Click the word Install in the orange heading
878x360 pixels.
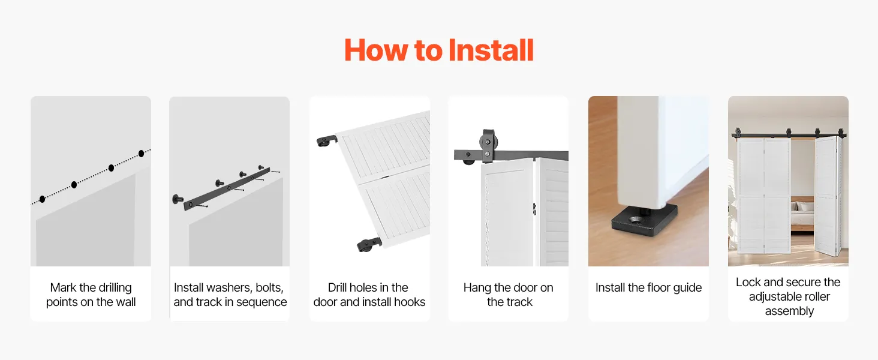point(491,50)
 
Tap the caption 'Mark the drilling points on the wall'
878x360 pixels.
point(91,295)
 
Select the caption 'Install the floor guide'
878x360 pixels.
point(648,287)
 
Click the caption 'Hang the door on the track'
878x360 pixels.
point(509,295)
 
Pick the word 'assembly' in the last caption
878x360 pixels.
point(789,311)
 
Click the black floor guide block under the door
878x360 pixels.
point(644,220)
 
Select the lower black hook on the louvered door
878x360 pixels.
point(369,244)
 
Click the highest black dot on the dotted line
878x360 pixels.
point(141,154)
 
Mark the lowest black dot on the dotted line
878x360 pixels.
point(43,199)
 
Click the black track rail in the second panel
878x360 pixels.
point(227,189)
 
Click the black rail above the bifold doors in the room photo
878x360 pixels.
point(789,136)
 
